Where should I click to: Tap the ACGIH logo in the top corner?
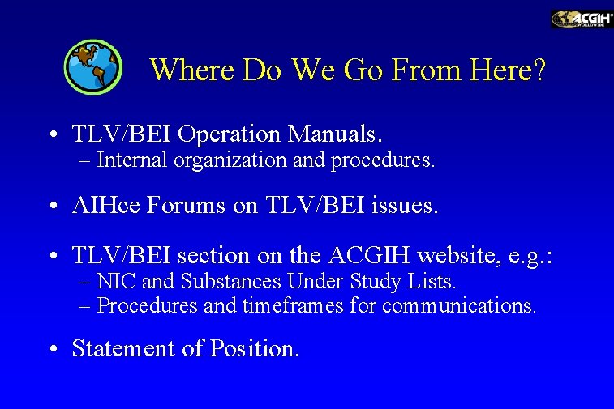pos(582,19)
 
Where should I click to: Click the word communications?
pos(459,306)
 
